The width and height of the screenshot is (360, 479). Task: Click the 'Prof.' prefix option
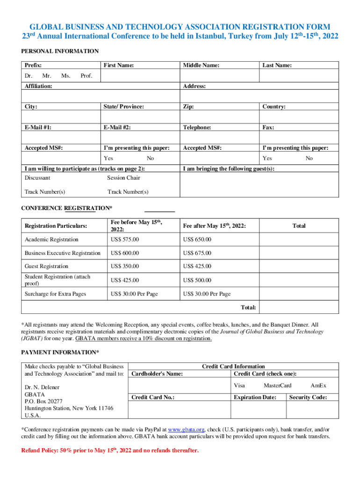click(86, 76)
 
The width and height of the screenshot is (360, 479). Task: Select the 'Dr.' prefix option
click(29, 76)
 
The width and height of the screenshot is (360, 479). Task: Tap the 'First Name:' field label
click(119, 65)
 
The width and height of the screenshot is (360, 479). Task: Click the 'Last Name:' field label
click(277, 65)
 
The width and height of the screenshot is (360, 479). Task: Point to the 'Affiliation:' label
click(38, 86)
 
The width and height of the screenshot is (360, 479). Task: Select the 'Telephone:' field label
click(197, 127)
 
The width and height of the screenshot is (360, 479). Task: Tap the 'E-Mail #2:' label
click(117, 127)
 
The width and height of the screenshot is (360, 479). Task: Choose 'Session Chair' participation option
click(123, 178)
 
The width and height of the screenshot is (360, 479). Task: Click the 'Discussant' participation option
click(37, 178)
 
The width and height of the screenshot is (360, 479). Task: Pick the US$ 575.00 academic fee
click(124, 239)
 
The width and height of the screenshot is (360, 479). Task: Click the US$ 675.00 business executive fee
click(197, 253)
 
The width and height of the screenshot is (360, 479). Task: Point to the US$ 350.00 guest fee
click(124, 267)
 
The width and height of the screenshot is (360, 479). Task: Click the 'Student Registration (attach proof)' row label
click(57, 280)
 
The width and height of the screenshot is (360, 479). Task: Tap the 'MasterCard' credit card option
click(277, 385)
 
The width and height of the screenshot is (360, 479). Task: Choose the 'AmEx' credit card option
click(318, 385)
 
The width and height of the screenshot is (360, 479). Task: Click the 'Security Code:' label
click(308, 397)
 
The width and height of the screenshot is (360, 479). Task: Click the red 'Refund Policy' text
click(110, 450)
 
